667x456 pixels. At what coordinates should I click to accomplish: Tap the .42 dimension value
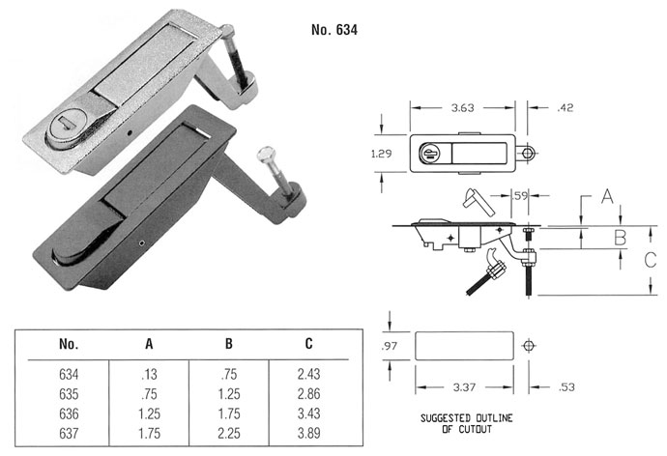click(566, 108)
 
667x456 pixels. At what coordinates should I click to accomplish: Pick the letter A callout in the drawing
click(606, 196)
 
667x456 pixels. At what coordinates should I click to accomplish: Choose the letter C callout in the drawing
click(650, 258)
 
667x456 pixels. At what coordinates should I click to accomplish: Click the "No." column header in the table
click(68, 344)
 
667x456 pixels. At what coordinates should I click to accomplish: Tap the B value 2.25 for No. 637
click(229, 430)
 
